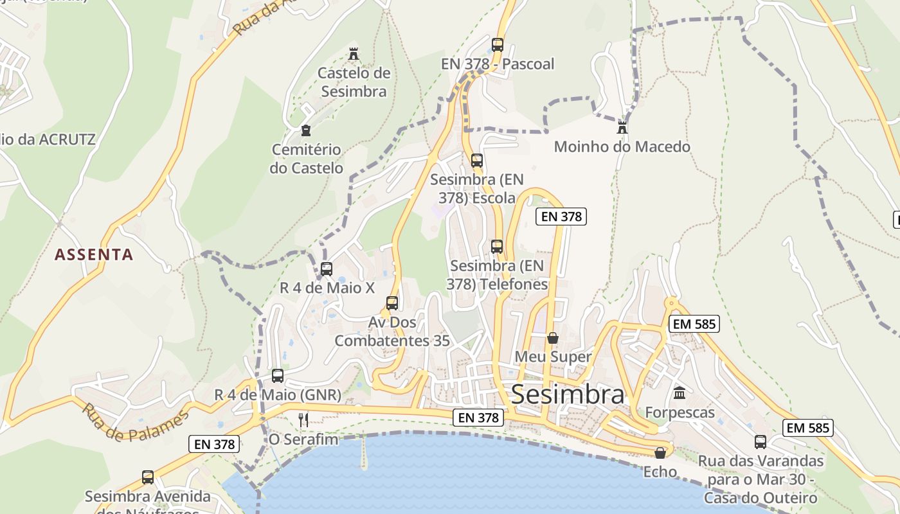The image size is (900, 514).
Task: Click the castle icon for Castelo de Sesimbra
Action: tap(353, 53)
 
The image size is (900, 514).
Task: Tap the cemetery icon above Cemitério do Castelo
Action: tap(306, 130)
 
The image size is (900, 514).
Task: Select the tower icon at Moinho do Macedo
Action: tap(622, 127)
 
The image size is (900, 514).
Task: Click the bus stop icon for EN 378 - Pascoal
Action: tap(497, 44)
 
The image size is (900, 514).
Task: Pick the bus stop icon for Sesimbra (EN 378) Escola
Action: tap(476, 161)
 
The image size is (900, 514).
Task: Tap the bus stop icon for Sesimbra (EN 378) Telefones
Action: tap(496, 246)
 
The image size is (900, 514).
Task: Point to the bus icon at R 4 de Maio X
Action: tap(327, 269)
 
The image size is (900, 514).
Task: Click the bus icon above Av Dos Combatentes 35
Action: tap(392, 303)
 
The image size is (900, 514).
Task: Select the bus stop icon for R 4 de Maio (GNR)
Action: tap(277, 375)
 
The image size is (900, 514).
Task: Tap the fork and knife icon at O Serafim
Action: tap(303, 420)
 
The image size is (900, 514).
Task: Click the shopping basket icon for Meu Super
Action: tap(552, 337)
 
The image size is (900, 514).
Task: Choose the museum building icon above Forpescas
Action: tap(679, 393)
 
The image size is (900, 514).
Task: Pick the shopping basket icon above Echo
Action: tap(660, 452)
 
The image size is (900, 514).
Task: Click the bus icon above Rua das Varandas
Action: tap(760, 441)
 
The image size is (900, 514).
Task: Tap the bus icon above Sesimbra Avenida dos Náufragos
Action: tap(148, 477)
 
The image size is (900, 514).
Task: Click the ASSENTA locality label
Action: tap(94, 254)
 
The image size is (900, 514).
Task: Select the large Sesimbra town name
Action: tap(567, 394)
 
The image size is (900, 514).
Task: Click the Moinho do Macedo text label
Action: tap(622, 146)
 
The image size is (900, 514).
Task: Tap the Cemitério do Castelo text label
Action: tap(307, 159)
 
